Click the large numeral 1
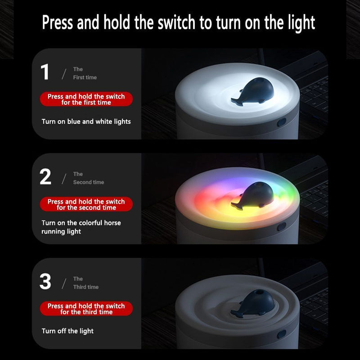coord(45,72)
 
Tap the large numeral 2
coord(45,176)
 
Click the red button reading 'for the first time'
coord(86,99)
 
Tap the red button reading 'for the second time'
coord(86,204)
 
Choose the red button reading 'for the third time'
coord(86,309)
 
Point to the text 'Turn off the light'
coord(67,331)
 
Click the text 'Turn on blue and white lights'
coord(86,121)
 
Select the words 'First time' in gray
coord(85,77)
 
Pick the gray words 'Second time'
coord(89,182)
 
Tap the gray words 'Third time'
coord(86,287)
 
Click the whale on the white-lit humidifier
coord(253,91)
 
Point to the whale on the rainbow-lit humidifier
coord(253,196)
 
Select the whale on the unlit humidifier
coord(253,303)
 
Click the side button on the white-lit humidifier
coord(282,122)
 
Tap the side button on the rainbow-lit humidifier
coord(282,227)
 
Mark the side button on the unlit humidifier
coord(282,334)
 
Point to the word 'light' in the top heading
coord(301,24)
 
